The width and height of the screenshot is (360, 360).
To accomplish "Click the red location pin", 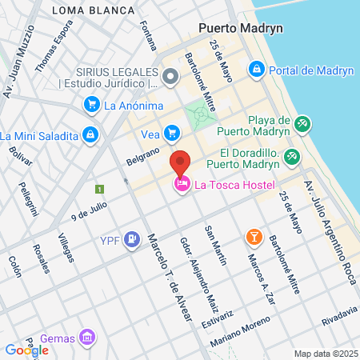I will coord(181,162).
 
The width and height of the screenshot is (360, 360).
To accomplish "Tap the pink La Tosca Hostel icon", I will coord(182,186).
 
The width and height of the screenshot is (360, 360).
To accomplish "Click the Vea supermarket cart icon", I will coord(171,133).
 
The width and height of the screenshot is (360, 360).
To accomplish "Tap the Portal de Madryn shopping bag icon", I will coord(256,70).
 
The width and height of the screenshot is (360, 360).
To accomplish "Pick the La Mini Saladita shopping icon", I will coord(90,134).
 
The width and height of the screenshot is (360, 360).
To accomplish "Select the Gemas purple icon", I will coord(89,338).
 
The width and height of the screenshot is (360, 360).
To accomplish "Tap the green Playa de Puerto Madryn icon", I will coord(302,124).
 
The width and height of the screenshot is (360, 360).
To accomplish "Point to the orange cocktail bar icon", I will coord(253,237).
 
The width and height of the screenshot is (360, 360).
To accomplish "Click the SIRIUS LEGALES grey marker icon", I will coord(170,77).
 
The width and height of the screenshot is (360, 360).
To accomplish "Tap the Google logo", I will coord(26,350).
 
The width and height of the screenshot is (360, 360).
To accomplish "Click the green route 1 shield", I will coord(99,190).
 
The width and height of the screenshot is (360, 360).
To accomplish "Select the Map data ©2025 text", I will coord(325,354).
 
